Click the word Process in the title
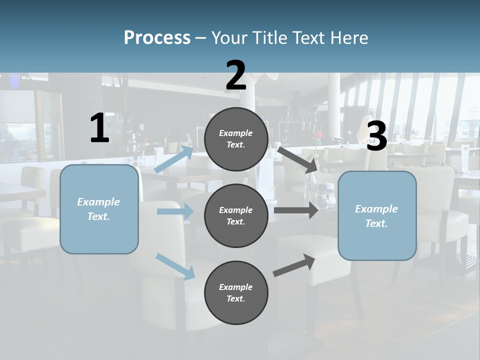157,38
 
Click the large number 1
99,128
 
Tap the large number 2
236,75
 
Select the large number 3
377,136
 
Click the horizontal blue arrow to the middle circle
175,211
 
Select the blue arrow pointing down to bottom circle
175,266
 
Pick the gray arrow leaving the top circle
297,159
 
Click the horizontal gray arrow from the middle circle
296,210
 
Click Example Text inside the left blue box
98,209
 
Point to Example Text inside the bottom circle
235,292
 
